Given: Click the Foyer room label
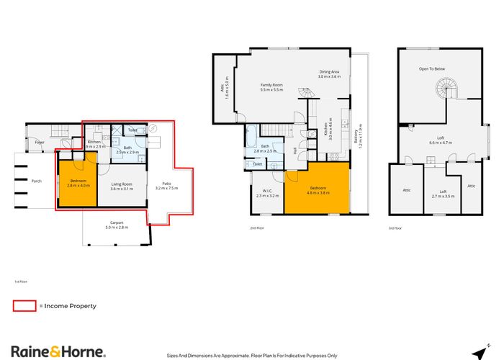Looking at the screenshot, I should (40, 143).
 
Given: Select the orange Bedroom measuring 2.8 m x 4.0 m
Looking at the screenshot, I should (76, 184).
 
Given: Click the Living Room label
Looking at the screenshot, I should (122, 186).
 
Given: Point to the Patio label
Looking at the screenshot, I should (166, 186).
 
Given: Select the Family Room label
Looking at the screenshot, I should (271, 87).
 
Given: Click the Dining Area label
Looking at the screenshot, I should (330, 73).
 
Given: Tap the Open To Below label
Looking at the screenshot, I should (433, 69).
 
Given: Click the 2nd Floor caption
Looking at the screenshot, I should (257, 227).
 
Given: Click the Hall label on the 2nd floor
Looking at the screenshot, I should (296, 149).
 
